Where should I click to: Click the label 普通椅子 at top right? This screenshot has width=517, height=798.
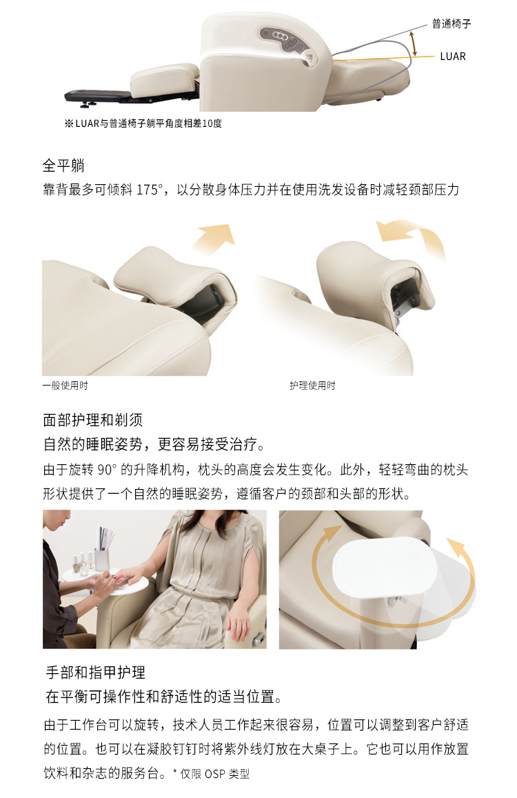(452, 23)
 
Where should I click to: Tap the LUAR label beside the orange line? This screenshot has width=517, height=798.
(453, 57)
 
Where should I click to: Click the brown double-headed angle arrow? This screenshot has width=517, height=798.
(414, 43)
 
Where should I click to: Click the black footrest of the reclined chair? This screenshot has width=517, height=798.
(97, 95)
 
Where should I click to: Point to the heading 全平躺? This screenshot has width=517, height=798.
(63, 166)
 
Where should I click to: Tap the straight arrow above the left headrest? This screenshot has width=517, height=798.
(214, 238)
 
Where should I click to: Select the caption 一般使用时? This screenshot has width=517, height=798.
(65, 386)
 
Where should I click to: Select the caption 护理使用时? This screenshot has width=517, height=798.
(312, 386)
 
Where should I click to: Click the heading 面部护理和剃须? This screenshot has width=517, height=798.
(92, 420)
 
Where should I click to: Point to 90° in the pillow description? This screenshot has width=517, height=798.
(107, 469)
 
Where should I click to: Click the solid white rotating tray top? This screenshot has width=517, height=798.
(385, 568)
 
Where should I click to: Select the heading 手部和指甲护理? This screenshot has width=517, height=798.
(96, 672)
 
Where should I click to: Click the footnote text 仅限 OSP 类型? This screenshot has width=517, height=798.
(215, 774)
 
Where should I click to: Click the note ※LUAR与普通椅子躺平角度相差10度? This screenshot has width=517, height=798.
(143, 123)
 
